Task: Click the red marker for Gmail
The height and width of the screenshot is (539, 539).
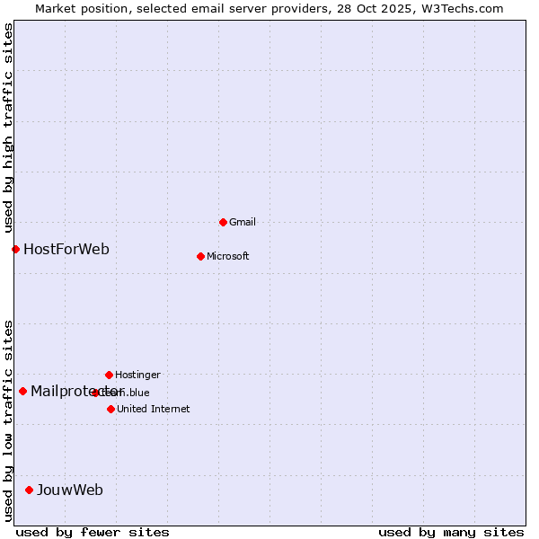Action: (x=223, y=222)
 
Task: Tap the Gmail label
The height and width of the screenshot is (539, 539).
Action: (x=243, y=222)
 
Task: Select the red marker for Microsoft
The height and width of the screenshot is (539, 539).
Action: (x=200, y=256)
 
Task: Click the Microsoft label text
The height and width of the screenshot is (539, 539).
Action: (x=227, y=256)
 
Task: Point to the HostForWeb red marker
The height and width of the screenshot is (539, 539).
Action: (x=15, y=249)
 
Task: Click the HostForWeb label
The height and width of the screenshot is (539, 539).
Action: (x=66, y=249)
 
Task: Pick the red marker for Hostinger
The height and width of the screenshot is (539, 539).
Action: (x=109, y=375)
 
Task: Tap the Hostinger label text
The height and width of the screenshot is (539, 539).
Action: (x=137, y=375)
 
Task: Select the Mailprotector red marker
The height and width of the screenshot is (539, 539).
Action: (x=22, y=391)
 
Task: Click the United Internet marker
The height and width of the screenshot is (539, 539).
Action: (x=110, y=409)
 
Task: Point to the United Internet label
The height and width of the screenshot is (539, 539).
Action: (x=153, y=409)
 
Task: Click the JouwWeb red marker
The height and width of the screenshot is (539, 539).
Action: (x=29, y=490)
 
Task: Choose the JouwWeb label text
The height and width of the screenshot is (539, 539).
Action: (x=69, y=490)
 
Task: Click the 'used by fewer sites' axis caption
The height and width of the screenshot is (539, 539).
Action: (x=93, y=532)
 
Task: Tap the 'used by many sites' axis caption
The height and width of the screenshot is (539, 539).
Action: (x=451, y=532)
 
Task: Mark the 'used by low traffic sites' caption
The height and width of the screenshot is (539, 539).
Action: (x=8, y=420)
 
